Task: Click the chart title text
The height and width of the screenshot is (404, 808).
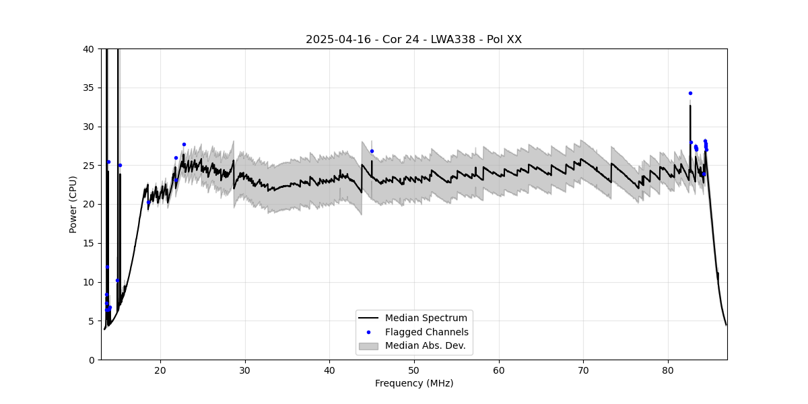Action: (413, 40)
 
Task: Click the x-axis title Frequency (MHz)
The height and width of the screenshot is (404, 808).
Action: (414, 383)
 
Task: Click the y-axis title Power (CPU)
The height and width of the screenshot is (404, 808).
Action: (73, 204)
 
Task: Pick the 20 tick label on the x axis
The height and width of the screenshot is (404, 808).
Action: (160, 370)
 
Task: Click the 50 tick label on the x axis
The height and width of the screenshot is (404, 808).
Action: (414, 370)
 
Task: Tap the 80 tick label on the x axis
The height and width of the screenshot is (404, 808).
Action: (668, 370)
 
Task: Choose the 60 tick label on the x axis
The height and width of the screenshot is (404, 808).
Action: (499, 370)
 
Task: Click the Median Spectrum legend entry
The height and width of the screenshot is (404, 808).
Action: (426, 318)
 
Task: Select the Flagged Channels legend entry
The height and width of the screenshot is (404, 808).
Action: (426, 332)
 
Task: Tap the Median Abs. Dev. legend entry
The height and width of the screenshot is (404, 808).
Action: (425, 345)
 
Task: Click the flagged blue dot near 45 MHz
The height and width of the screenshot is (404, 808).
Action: (372, 151)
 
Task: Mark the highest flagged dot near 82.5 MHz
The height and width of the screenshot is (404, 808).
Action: (690, 93)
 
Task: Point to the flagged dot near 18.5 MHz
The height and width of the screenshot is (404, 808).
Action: (148, 202)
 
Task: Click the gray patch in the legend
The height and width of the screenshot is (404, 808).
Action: (368, 345)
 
